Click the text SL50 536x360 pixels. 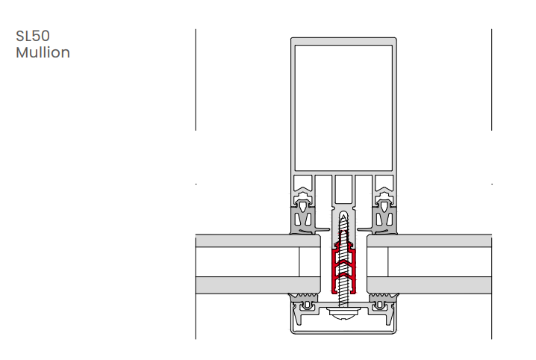click(33, 36)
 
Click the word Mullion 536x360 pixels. click(43, 52)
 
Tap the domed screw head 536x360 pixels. click(343, 313)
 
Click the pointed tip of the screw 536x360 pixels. click(343, 214)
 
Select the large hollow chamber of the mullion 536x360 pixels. click(343, 108)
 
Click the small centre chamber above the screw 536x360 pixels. click(343, 189)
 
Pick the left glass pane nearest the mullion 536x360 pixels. click(258, 240)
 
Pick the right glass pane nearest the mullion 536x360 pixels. click(429, 240)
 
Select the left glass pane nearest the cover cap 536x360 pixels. click(258, 285)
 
